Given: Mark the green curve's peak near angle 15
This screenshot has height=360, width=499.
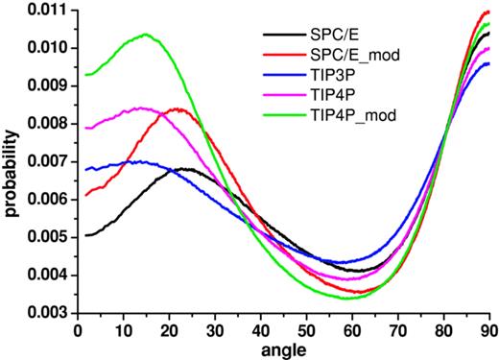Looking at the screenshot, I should coord(146,35).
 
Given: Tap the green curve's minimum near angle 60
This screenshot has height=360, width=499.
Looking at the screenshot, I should coord(347,298).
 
